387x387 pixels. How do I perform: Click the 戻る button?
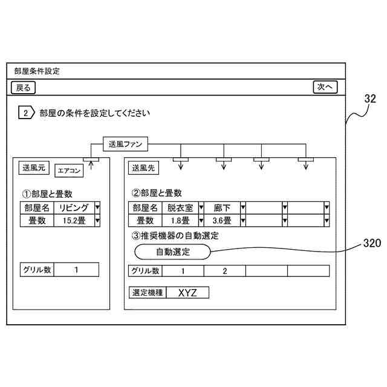coord(24,88)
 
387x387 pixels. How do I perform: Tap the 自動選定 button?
coord(172,251)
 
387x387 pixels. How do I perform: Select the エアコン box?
coord(69,171)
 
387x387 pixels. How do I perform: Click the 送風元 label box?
coord(34,167)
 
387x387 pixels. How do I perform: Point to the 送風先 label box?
coord(144,168)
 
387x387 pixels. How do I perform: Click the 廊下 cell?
coord(222,207)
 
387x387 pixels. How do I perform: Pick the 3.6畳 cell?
coord(222,221)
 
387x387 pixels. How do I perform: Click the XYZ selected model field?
coord(187,293)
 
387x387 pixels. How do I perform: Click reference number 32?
coord(370,98)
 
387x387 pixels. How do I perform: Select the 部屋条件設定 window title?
coord(37,71)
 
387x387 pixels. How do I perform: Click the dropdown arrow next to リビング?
coord(97,207)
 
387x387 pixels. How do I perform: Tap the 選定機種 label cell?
coord(148,293)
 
